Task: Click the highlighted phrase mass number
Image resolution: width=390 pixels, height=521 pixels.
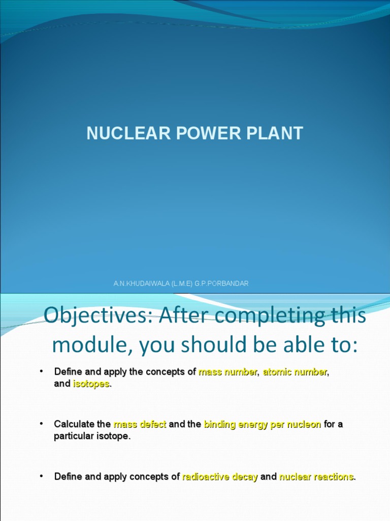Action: click(227, 372)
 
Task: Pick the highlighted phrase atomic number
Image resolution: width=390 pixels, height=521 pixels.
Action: click(295, 372)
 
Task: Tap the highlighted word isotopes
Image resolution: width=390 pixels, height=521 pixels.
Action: click(91, 384)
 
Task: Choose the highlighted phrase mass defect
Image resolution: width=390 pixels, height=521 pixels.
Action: click(140, 424)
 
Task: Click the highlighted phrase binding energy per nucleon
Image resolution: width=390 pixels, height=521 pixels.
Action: click(262, 424)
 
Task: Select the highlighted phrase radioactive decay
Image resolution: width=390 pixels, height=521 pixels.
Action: click(220, 477)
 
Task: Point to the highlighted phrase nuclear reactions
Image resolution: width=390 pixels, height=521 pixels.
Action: click(316, 477)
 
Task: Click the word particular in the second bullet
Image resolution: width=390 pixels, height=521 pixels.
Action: click(73, 437)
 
